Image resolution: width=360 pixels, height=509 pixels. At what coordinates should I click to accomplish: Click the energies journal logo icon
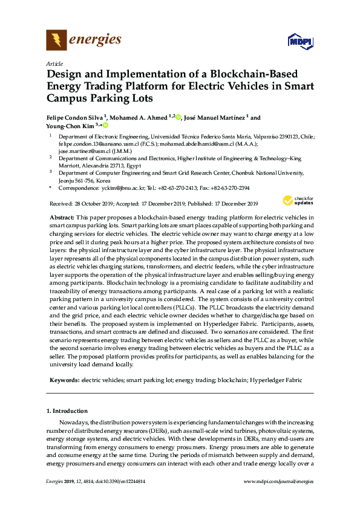click(x=56, y=41)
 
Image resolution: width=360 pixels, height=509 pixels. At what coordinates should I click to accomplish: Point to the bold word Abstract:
click(x=62, y=216)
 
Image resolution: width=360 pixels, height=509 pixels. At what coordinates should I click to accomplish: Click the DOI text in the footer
click(x=120, y=481)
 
